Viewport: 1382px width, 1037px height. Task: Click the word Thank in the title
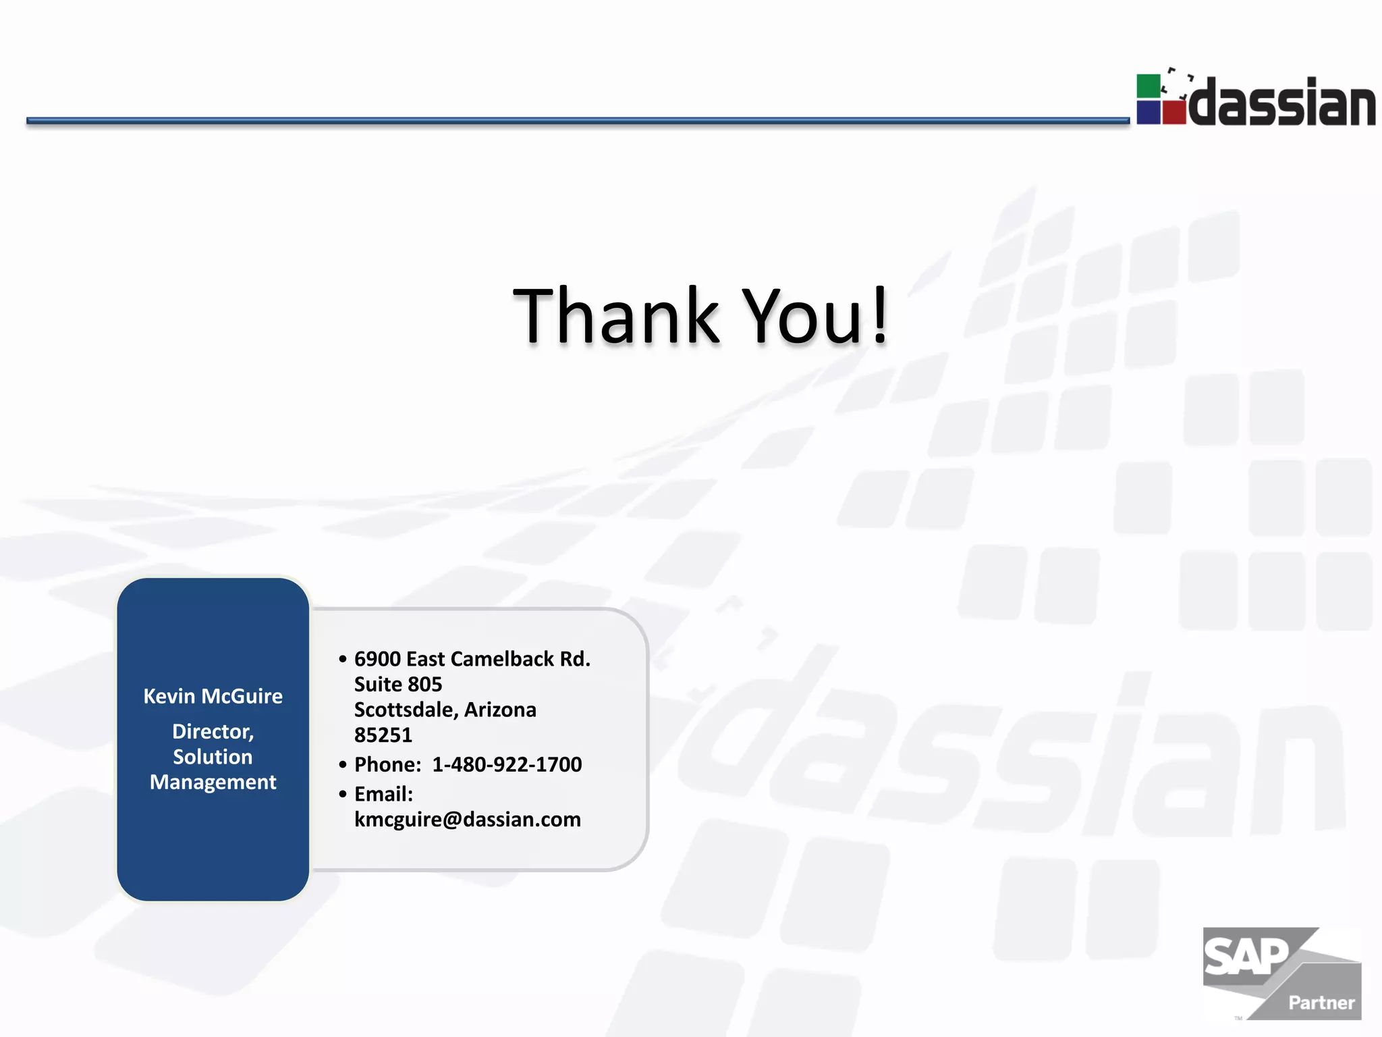point(616,316)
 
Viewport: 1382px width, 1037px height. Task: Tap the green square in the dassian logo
point(1148,86)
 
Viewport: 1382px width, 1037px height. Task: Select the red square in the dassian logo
point(1174,112)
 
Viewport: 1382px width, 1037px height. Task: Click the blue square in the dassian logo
point(1148,112)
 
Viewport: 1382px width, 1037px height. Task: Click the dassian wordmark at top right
point(1282,103)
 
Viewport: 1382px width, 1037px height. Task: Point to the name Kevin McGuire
point(213,696)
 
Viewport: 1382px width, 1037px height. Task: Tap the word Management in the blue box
point(213,782)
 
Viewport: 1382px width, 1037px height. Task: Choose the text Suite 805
point(398,685)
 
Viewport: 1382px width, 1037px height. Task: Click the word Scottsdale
point(406,710)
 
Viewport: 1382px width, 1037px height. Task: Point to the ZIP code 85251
point(383,735)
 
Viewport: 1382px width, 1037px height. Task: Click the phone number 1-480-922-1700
point(507,764)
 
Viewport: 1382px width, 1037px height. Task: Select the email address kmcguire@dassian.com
point(467,820)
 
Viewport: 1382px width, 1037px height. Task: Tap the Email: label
point(383,794)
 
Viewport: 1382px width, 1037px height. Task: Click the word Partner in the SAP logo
point(1321,1003)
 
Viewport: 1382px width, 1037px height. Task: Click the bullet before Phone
point(343,765)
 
